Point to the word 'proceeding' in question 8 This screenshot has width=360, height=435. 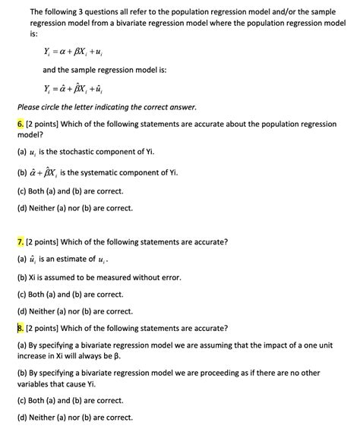point(218,373)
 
